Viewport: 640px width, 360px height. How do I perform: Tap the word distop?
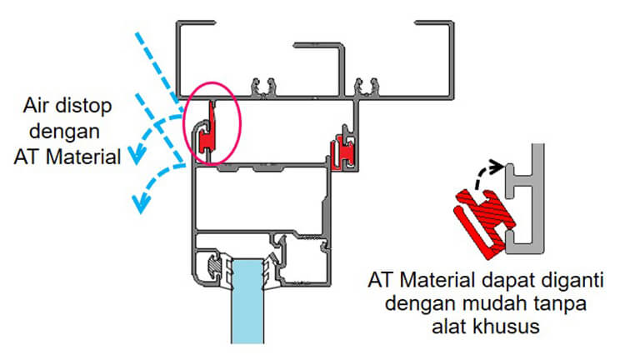tap(92, 107)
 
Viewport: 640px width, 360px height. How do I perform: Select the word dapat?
tap(497, 278)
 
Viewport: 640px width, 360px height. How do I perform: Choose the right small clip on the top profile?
tap(363, 85)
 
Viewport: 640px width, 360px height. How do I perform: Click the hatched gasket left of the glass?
tap(214, 266)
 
